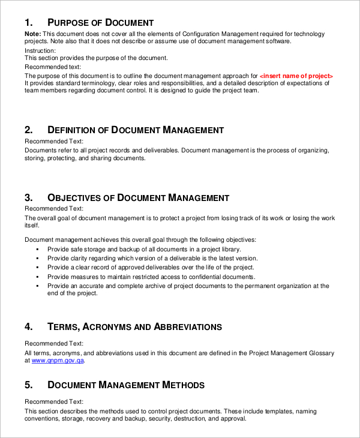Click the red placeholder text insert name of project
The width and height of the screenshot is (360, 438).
click(x=296, y=76)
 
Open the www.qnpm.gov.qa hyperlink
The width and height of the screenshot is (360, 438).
click(x=58, y=361)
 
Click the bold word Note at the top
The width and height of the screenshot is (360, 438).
click(x=33, y=34)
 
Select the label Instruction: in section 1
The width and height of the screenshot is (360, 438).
click(x=40, y=51)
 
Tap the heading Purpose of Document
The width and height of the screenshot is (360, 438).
click(x=100, y=23)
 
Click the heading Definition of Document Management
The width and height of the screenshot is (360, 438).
click(x=135, y=130)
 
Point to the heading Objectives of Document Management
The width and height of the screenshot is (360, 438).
click(x=138, y=197)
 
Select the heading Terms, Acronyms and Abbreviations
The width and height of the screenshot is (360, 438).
click(x=134, y=327)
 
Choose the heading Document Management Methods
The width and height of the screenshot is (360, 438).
click(x=125, y=385)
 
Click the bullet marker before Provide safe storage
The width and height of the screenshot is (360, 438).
click(x=37, y=249)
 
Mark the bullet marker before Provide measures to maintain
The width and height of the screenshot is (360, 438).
click(x=37, y=277)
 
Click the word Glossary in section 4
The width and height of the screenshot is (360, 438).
click(x=320, y=353)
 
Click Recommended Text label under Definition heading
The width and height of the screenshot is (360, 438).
click(x=54, y=142)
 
